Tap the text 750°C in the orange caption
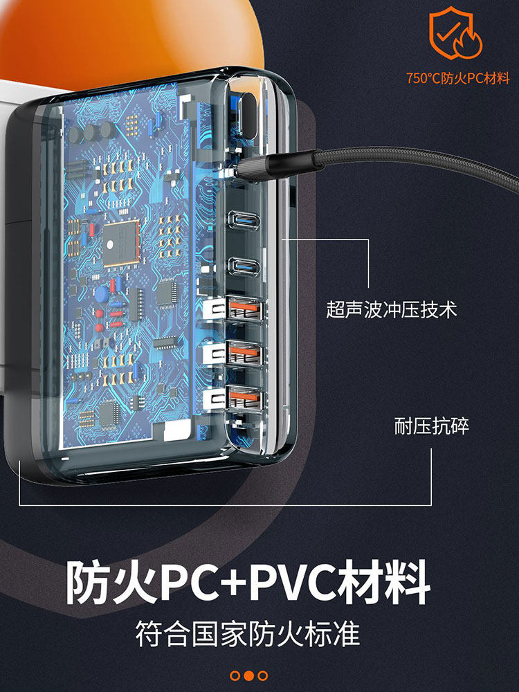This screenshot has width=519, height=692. [424, 78]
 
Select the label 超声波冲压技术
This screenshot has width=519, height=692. [392, 309]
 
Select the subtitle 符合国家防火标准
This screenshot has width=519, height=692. [248, 633]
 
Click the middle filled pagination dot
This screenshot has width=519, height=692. [248, 675]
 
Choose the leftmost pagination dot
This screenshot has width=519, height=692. [235, 675]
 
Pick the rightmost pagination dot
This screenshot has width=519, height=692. [262, 675]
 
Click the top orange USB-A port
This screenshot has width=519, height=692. [244, 309]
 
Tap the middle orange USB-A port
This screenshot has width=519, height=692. [244, 354]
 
